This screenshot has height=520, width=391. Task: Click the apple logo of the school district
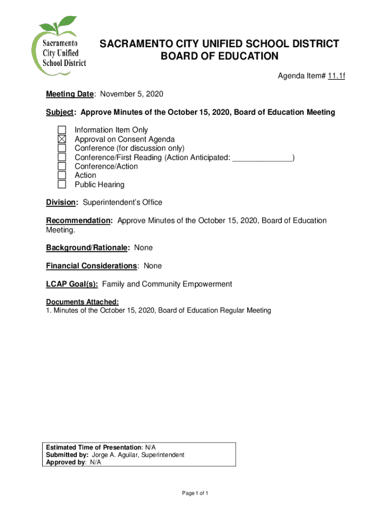coord(58,48)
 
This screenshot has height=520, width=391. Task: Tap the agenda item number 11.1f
coord(336,77)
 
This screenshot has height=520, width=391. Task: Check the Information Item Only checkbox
coord(61,130)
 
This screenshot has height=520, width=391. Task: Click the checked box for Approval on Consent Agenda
coord(61,139)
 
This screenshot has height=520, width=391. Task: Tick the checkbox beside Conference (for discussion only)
coord(61,148)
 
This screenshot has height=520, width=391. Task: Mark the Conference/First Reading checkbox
coord(61,157)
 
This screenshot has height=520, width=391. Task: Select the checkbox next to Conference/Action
coord(61,166)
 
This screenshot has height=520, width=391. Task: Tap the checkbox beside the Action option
coord(61,175)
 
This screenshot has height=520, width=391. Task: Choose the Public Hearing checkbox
coord(61,184)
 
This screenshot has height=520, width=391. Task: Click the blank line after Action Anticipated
coord(262,158)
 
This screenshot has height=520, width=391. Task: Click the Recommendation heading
coord(79,221)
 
